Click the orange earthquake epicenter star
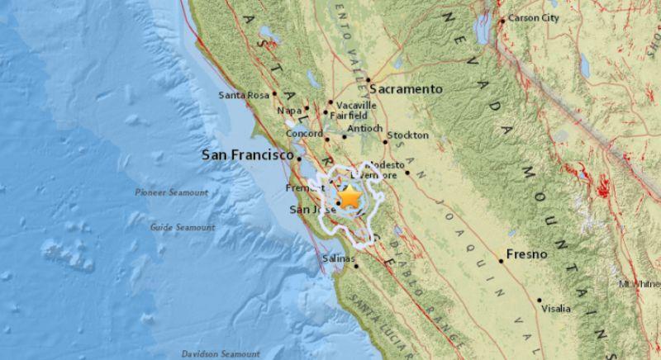pos(350,198)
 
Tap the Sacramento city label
pos(407,88)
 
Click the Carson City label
pos(535,17)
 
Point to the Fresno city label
pos(528,254)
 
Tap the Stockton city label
pos(407,135)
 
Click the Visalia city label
pos(555,309)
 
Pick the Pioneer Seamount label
pos(171,192)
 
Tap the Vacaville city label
pos(356,106)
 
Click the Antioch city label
pos(364,129)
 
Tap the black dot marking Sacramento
pos(369,80)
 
